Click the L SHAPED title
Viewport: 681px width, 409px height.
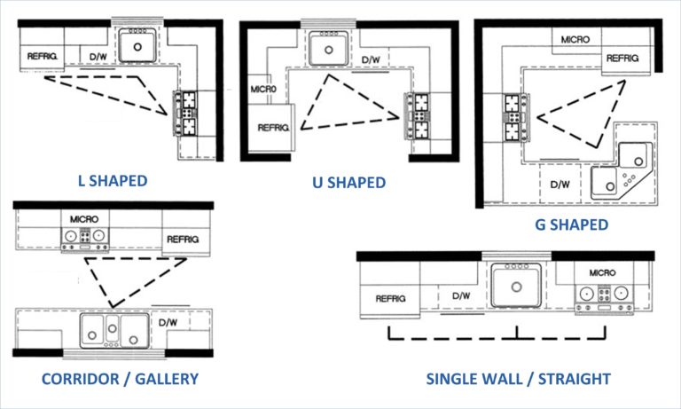click(113, 181)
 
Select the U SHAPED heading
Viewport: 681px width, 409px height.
click(348, 183)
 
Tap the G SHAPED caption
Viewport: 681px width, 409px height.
click(571, 224)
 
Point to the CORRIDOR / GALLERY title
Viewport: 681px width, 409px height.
click(120, 379)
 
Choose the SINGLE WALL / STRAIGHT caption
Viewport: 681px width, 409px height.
click(518, 379)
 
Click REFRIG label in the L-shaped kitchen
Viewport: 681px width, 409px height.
click(43, 56)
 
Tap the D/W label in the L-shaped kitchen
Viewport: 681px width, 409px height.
click(98, 57)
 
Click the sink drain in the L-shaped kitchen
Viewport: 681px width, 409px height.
click(137, 47)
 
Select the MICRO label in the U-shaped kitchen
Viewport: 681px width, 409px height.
click(263, 89)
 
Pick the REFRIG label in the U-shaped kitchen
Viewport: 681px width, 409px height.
click(273, 128)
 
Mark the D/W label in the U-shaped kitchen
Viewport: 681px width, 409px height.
click(371, 59)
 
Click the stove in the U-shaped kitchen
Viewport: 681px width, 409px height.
click(418, 115)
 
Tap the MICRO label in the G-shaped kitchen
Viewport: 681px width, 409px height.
click(575, 40)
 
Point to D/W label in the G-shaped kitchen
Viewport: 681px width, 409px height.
click(560, 185)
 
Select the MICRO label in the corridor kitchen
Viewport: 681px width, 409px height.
click(84, 219)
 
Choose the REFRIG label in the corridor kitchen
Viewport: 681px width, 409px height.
click(183, 239)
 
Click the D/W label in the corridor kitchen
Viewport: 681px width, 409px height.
click(168, 323)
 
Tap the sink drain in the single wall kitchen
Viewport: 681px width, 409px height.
click(516, 287)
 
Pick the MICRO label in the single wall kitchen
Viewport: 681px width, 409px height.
click(602, 272)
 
